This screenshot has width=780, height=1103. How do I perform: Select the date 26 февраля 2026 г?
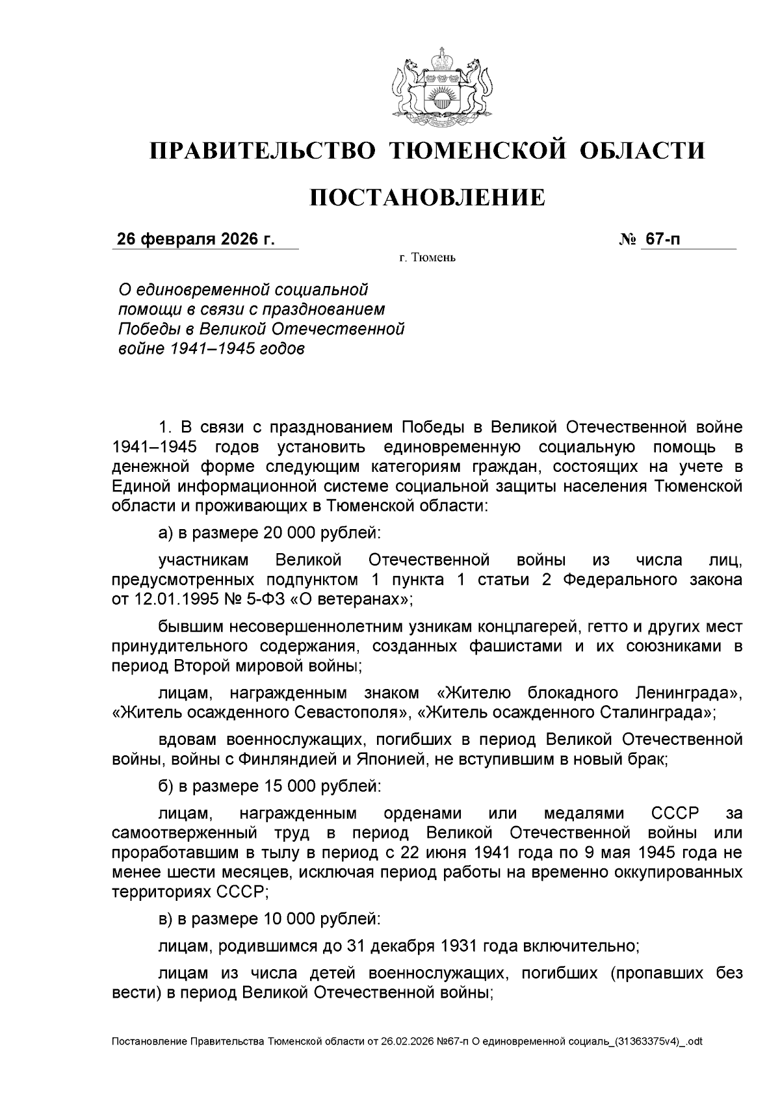tap(196, 239)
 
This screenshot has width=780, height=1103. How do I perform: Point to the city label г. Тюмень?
tap(427, 259)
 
